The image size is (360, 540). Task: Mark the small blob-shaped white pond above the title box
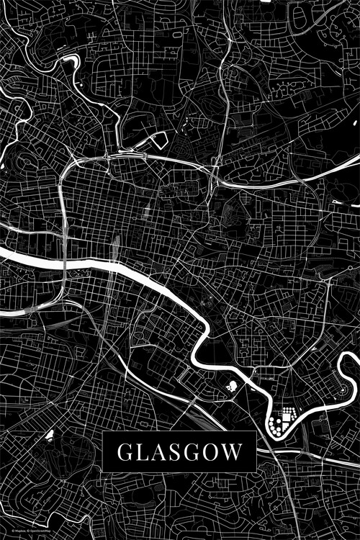[x=231, y=387]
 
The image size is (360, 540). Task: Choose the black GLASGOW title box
[x=179, y=452]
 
